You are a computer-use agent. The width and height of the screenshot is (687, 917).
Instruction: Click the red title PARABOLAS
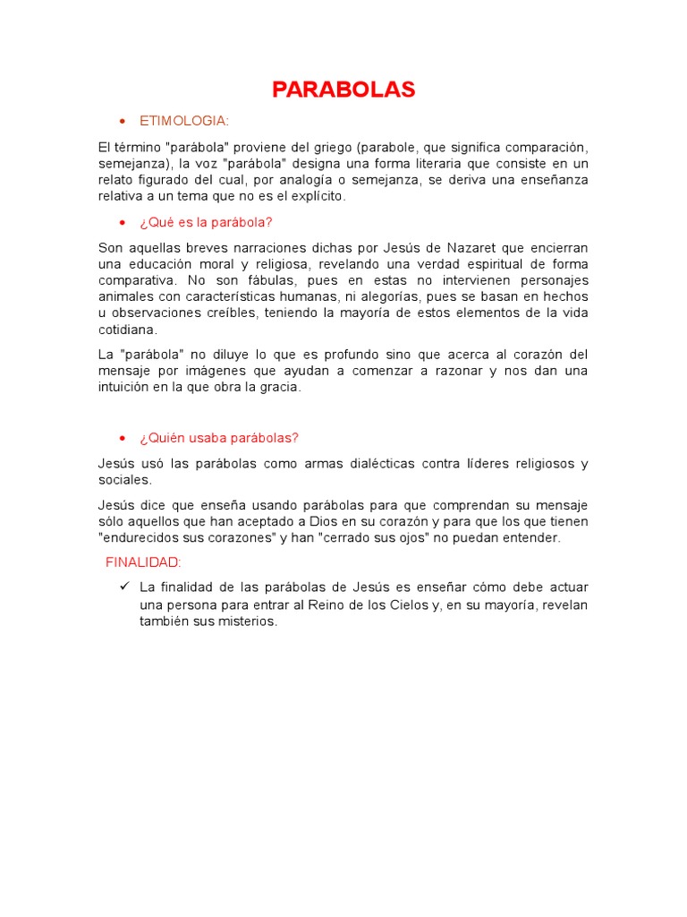pyautogui.click(x=343, y=90)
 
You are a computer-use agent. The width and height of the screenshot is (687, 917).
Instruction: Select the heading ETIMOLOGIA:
pyautogui.click(x=184, y=120)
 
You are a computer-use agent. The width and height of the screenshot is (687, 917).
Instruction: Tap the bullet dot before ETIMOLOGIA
pyautogui.click(x=122, y=121)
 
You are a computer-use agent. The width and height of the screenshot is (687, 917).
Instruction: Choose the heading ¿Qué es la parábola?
pyautogui.click(x=206, y=222)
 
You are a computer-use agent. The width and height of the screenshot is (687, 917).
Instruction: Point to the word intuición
pyautogui.click(x=126, y=388)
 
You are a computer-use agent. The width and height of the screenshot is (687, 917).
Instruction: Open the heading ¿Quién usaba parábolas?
pyautogui.click(x=219, y=437)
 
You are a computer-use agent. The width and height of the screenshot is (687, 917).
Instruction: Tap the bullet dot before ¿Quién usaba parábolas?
pyautogui.click(x=122, y=438)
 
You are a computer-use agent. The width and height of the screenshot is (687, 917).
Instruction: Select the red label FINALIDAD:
pyautogui.click(x=143, y=562)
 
